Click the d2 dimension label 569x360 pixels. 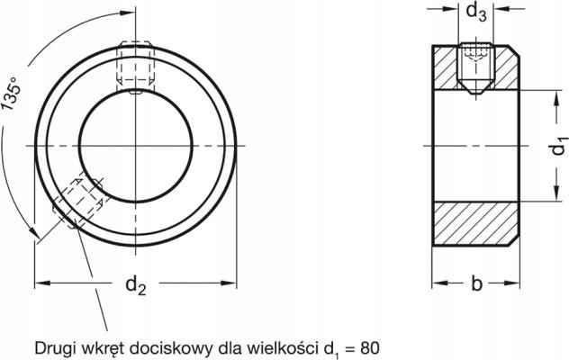(x=135, y=285)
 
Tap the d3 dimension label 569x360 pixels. (x=477, y=13)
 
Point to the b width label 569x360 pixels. (x=476, y=285)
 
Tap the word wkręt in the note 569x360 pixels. (x=104, y=346)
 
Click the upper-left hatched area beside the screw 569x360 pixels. (x=447, y=67)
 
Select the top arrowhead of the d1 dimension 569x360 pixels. (x=549, y=95)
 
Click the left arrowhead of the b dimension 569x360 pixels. (x=438, y=285)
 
